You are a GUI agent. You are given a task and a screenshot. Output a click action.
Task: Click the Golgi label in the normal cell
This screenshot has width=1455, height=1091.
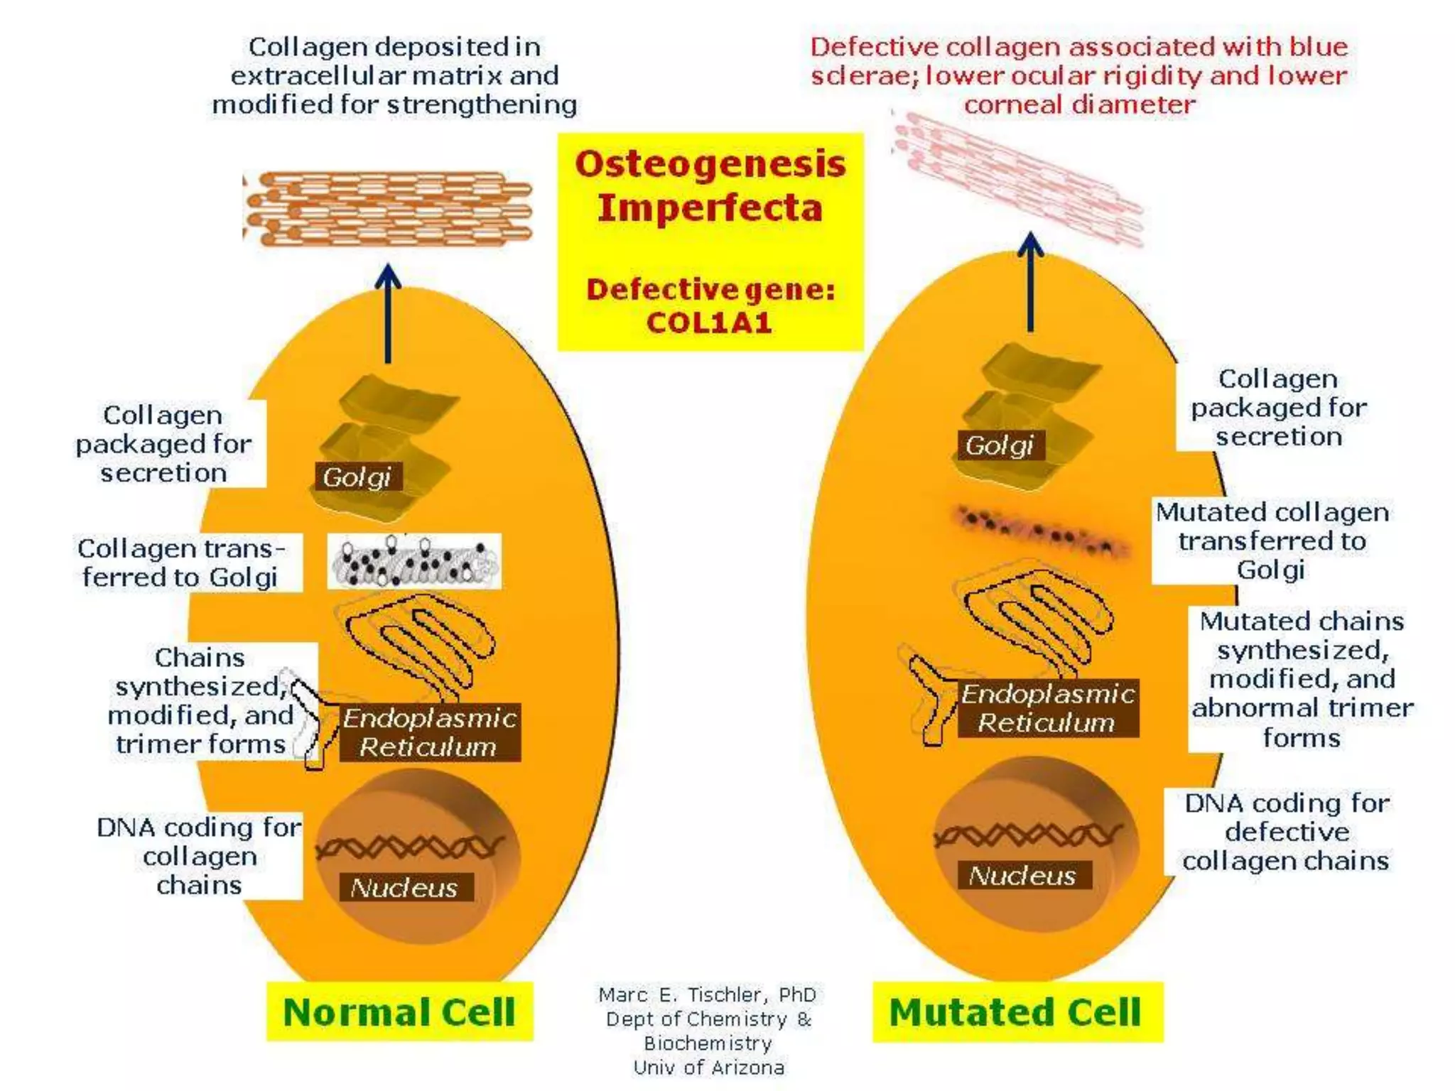[x=357, y=477]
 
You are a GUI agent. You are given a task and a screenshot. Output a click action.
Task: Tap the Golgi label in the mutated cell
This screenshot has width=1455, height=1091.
[x=999, y=445]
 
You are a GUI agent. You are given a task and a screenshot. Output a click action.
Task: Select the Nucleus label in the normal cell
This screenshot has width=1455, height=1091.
[x=404, y=887]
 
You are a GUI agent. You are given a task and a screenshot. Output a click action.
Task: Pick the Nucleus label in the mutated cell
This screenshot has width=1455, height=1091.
[x=1022, y=875]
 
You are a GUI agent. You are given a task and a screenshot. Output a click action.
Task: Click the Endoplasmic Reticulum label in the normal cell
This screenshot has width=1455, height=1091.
[x=430, y=732]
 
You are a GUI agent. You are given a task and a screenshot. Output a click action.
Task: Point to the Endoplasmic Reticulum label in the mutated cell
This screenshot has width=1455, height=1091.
[x=1047, y=708]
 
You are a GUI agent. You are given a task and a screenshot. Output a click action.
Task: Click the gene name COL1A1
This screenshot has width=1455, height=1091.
[x=709, y=323]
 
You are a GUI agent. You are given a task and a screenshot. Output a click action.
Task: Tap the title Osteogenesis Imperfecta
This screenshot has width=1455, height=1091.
[x=710, y=185]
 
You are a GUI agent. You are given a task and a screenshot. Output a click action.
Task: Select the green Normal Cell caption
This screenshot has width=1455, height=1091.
[x=399, y=1011]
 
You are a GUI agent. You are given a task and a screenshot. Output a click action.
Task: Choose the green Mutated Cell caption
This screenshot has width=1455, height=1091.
[x=1016, y=1011]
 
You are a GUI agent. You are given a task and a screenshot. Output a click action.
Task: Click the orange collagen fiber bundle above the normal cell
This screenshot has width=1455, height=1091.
[x=389, y=208]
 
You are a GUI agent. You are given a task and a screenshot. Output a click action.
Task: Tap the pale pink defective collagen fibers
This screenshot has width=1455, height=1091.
[x=1016, y=178]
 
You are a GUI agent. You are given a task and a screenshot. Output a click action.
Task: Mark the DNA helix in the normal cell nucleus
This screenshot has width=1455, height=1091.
[x=411, y=847]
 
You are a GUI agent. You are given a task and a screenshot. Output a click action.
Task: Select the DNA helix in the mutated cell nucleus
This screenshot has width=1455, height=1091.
[x=1028, y=835]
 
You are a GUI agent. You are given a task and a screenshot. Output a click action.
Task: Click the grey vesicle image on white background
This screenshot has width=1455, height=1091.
[x=414, y=561]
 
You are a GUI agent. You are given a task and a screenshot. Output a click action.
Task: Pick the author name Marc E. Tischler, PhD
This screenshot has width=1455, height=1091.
[x=707, y=994]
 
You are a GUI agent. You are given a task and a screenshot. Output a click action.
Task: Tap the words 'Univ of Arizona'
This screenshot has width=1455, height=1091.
[x=708, y=1067]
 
